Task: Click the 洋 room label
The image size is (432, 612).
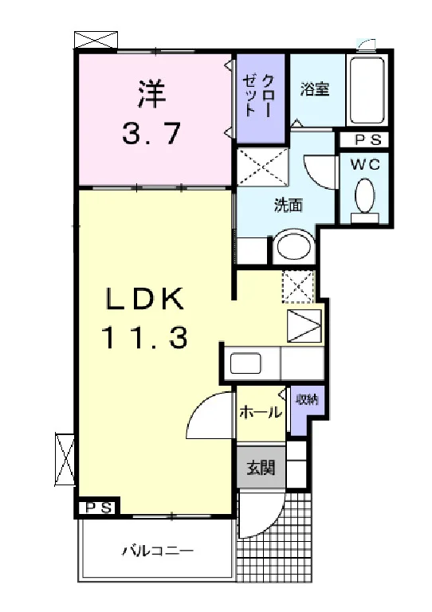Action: click(152, 94)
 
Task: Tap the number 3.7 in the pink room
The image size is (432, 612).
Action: click(151, 133)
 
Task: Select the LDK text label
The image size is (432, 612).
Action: click(145, 300)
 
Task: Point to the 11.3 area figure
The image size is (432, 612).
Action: click(145, 337)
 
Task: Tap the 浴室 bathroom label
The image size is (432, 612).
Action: click(315, 89)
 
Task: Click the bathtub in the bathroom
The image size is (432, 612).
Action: click(367, 91)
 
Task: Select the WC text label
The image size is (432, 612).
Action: click(365, 165)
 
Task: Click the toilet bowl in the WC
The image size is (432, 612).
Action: click(365, 196)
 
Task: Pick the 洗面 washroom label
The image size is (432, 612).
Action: click(289, 206)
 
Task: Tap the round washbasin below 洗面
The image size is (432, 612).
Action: click(294, 246)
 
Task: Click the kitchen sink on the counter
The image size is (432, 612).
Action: click(245, 363)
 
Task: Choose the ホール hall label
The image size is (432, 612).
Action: click(261, 411)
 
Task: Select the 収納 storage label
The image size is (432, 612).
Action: click(308, 399)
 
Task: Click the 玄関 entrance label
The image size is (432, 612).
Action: click(261, 467)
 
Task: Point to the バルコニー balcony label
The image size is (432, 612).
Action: click(158, 551)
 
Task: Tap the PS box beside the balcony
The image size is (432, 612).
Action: click(97, 508)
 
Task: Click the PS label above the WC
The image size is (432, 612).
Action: click(364, 139)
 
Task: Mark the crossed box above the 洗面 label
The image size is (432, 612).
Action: click(263, 167)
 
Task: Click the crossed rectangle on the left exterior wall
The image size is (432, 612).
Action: click(65, 459)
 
